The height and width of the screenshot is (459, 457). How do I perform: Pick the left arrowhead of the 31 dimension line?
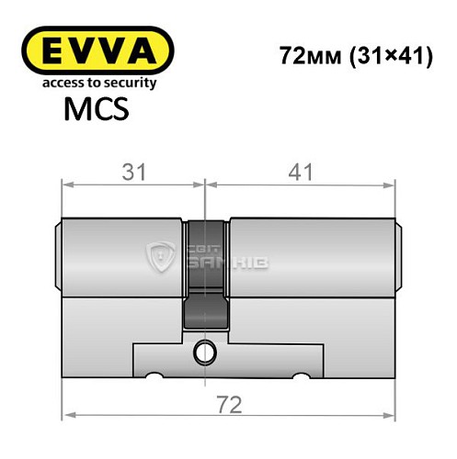[66, 186]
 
